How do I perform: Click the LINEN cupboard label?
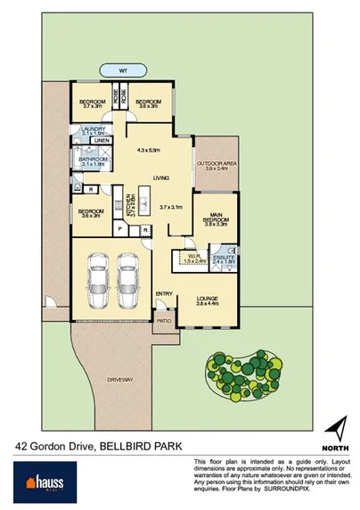(103, 141)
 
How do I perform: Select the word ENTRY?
(164, 293)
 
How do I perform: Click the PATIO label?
(164, 318)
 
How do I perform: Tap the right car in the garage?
(128, 276)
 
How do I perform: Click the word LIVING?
(160, 177)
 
